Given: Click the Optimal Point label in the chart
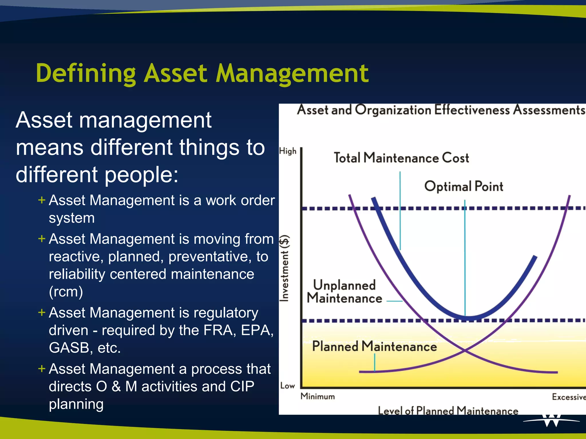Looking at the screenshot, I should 464,186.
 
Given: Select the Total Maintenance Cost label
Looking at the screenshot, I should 401,158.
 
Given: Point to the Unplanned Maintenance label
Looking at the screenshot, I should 344,292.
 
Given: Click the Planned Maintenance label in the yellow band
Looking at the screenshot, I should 374,346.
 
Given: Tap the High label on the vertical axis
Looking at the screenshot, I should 288,151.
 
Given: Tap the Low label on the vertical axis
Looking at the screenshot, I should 287,386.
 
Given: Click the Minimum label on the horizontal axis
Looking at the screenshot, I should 318,396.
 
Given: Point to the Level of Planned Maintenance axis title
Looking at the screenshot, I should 448,411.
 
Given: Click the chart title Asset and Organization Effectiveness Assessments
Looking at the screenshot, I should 441,110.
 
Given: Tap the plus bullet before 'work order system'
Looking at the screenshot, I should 42,200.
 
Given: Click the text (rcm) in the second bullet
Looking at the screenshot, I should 66,292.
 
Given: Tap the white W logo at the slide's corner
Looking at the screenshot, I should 551,420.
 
